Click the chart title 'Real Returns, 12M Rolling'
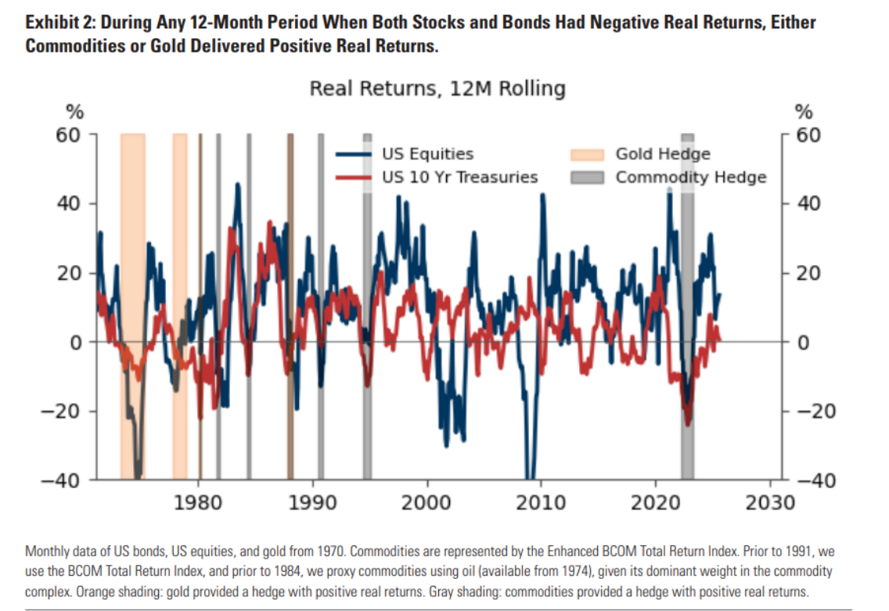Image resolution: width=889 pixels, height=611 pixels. [x=437, y=88]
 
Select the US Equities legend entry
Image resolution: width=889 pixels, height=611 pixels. [x=427, y=154]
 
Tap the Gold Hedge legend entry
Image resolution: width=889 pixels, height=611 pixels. [x=662, y=154]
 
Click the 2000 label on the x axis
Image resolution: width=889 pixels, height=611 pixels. [x=427, y=500]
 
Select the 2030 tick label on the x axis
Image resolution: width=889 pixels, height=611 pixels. [x=771, y=500]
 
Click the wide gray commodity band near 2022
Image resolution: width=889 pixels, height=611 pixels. [x=687, y=305]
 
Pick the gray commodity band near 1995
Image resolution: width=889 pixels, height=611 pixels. [x=367, y=305]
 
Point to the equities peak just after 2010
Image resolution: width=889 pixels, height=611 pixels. [x=542, y=195]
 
